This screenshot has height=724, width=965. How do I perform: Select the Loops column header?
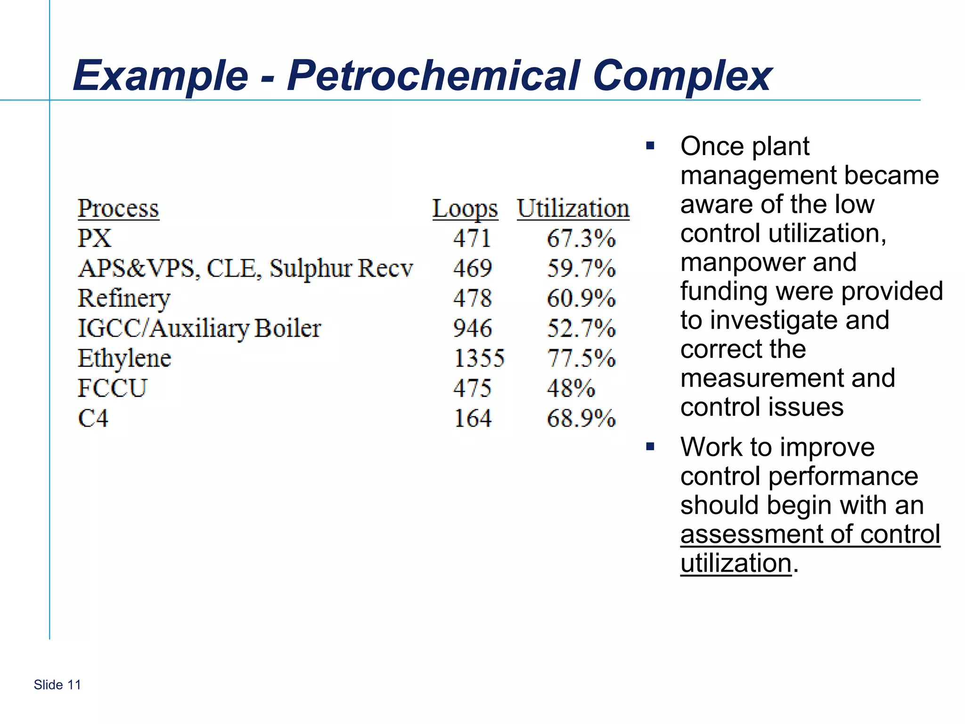coord(465,209)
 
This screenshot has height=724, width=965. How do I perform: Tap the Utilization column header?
coord(573,209)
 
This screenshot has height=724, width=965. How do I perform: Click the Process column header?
coord(118,209)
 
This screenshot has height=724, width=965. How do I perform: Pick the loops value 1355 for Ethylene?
coord(479,358)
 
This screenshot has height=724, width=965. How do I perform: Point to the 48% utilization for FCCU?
coord(571,388)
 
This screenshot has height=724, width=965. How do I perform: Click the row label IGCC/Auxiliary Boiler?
coord(199,329)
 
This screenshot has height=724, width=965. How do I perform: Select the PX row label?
coord(95,239)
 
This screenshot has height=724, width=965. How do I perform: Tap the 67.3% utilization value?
coord(581,239)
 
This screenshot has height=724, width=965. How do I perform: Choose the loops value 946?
coord(473,329)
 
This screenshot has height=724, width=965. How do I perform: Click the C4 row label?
coord(93,419)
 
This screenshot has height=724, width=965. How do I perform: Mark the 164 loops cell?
coord(473,419)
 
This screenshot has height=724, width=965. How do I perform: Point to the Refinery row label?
coord(124,299)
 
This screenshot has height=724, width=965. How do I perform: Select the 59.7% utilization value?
coord(581,269)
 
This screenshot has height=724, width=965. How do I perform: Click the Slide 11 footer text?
coord(57,685)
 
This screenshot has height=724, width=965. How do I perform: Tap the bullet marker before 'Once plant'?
coord(650,146)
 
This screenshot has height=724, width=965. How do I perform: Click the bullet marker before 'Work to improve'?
coord(650,446)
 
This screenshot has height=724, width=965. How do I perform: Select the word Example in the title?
coord(161,76)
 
